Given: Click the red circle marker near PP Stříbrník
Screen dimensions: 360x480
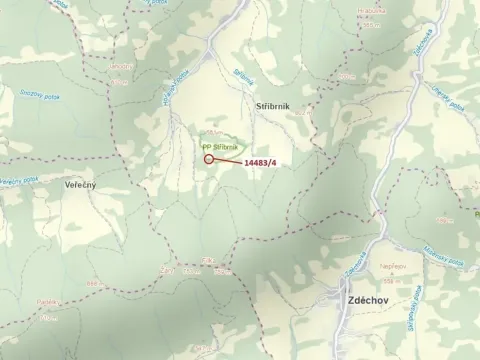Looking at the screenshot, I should [x=208, y=158].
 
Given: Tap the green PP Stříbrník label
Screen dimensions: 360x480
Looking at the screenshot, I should [x=219, y=146].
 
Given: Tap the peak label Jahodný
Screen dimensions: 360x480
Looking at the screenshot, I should [x=121, y=68].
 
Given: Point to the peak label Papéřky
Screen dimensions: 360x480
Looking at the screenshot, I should [x=46, y=300].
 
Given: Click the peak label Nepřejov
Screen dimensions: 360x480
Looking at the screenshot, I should [x=392, y=267].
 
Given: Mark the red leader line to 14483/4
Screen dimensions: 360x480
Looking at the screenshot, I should [x=227, y=160].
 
